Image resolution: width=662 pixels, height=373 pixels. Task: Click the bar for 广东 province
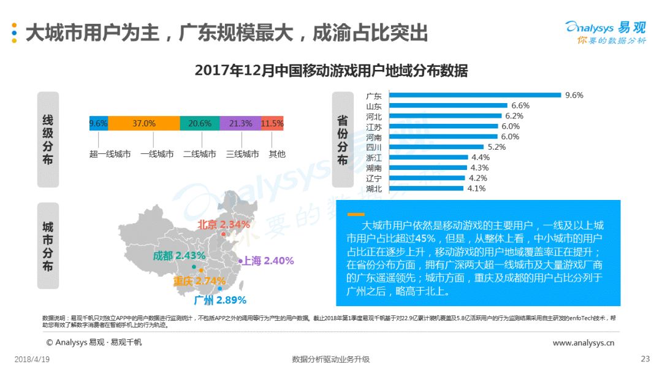coord(475,95)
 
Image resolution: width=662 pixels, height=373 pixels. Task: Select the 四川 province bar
coord(436,147)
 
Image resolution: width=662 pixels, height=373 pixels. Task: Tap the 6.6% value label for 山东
coord(520,106)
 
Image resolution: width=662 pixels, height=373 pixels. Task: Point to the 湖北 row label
coord(374,189)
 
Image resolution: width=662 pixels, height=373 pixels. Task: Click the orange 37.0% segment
coord(144,123)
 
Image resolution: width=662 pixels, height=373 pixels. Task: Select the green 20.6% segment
coord(200,123)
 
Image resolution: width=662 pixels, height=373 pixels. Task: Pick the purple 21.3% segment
coord(241,123)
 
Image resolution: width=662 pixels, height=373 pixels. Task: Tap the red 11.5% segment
coord(272,123)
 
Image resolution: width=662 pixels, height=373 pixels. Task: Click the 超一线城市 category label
coord(110,154)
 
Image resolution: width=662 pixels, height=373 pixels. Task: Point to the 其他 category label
coord(277,154)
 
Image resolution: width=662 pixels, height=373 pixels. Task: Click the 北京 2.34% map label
coord(224,225)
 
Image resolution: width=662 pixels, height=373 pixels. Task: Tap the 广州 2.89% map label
coord(220,301)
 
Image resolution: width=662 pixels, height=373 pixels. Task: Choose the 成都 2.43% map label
coord(179,256)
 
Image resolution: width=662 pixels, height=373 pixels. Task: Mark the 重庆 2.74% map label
coord(199,281)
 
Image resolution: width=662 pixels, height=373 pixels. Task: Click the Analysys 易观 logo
coord(606,32)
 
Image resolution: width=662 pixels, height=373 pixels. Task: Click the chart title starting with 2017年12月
coord(331,71)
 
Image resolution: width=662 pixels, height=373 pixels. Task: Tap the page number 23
coord(645,359)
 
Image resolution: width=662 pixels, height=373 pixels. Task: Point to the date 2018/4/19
coord(32,360)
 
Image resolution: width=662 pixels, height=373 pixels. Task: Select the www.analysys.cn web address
coord(584,343)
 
